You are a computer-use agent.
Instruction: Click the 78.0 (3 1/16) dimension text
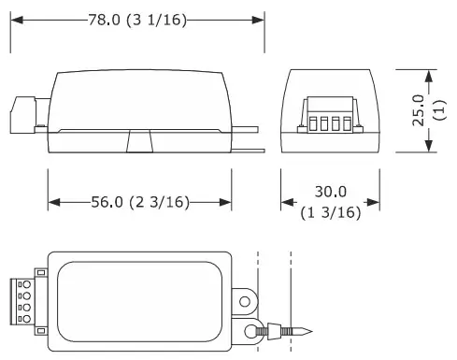pos(137,21)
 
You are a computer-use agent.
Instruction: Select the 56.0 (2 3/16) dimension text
pos(140,202)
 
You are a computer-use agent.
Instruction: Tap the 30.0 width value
pos(331,192)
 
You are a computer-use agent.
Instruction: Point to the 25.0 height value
pos(419,110)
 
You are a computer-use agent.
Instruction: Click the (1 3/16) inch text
pos(331,213)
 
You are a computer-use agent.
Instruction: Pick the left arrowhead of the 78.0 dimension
pos(17,21)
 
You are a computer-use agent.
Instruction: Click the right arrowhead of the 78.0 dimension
pos(258,21)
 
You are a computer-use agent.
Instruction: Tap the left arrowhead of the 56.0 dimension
pos(54,202)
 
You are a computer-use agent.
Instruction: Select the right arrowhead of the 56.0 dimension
pos(225,202)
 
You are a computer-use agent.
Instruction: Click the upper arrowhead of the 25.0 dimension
pos(429,77)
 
